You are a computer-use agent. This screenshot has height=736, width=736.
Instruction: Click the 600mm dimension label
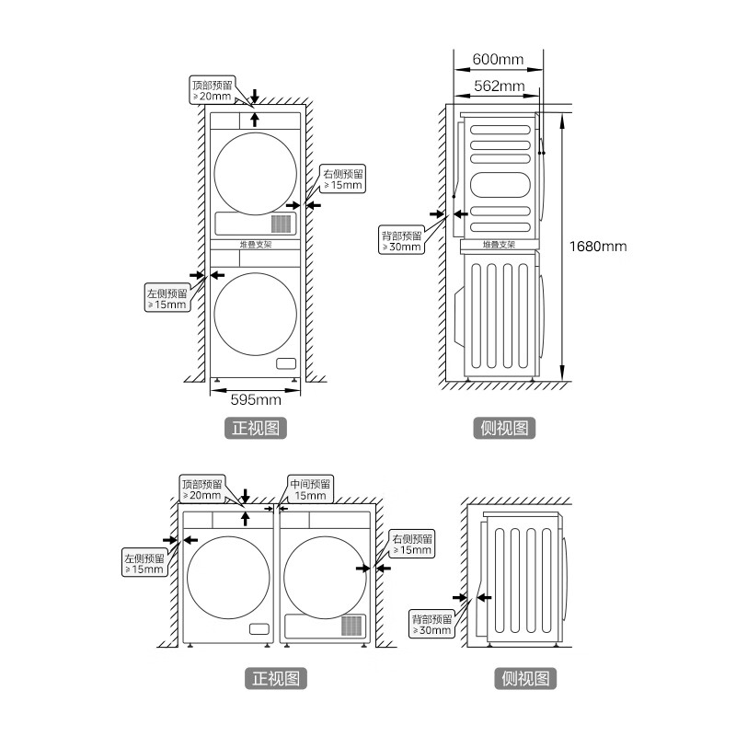point(498,60)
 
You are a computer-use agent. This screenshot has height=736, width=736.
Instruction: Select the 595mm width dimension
point(255,399)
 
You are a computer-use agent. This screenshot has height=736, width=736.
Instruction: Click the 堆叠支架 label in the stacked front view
point(256,245)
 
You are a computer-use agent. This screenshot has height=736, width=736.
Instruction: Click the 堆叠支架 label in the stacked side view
point(499,245)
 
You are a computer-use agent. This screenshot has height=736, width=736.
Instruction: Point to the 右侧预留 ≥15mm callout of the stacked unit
point(342,178)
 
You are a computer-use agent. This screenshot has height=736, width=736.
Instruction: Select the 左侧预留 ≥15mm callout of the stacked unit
point(167,298)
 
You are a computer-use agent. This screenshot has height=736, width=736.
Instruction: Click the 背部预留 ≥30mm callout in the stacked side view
point(402,240)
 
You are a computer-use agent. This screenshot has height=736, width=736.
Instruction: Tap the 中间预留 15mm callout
point(309,489)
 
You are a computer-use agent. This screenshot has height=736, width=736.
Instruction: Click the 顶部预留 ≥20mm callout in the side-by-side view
point(201,489)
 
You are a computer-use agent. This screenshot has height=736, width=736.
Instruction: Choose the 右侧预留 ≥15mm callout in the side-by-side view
point(410,544)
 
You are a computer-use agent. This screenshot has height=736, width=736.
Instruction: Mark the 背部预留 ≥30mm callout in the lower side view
point(432,623)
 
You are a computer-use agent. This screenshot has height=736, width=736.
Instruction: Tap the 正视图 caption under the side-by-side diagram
point(277,679)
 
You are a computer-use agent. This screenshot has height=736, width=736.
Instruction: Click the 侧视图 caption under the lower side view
point(527,679)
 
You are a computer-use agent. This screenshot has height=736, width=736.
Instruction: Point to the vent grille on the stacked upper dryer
point(282,224)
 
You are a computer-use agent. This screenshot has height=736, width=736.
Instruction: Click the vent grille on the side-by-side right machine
point(353,626)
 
